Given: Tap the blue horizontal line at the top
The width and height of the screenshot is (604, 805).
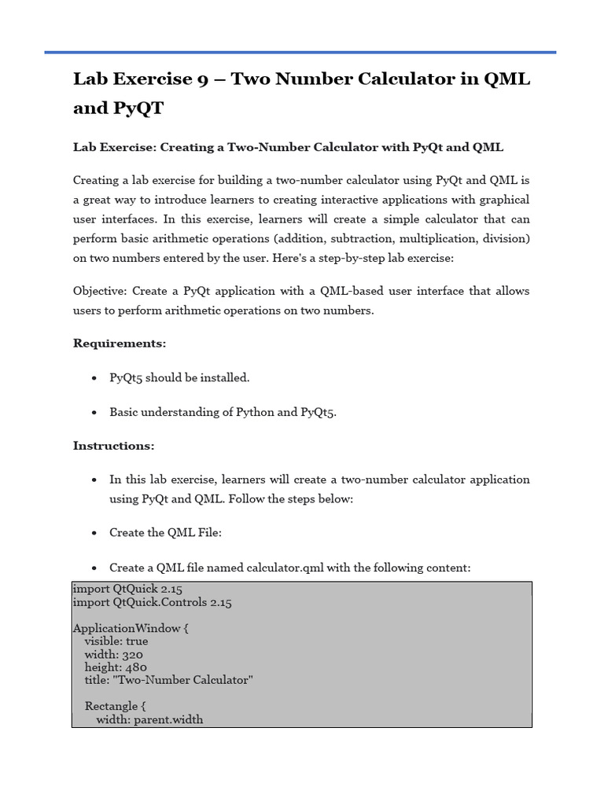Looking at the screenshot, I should click(300, 53).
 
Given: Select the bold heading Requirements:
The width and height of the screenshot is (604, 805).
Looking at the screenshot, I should click(120, 344).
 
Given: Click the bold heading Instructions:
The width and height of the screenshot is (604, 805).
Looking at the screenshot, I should click(114, 446).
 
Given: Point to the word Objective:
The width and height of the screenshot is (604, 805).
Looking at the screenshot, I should click(100, 291).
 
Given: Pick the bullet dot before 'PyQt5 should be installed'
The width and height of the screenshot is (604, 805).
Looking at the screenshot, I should click(94, 378).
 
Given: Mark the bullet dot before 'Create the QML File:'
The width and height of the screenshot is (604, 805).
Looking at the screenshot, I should click(94, 533).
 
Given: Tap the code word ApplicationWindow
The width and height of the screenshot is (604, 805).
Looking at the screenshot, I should click(126, 629).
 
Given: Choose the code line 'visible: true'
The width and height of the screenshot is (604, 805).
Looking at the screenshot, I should click(116, 641).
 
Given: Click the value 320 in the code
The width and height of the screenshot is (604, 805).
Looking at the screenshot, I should click(132, 654).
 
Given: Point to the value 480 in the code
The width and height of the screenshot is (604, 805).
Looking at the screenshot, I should click(135, 667).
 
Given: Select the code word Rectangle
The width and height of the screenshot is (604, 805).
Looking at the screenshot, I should click(112, 706).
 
